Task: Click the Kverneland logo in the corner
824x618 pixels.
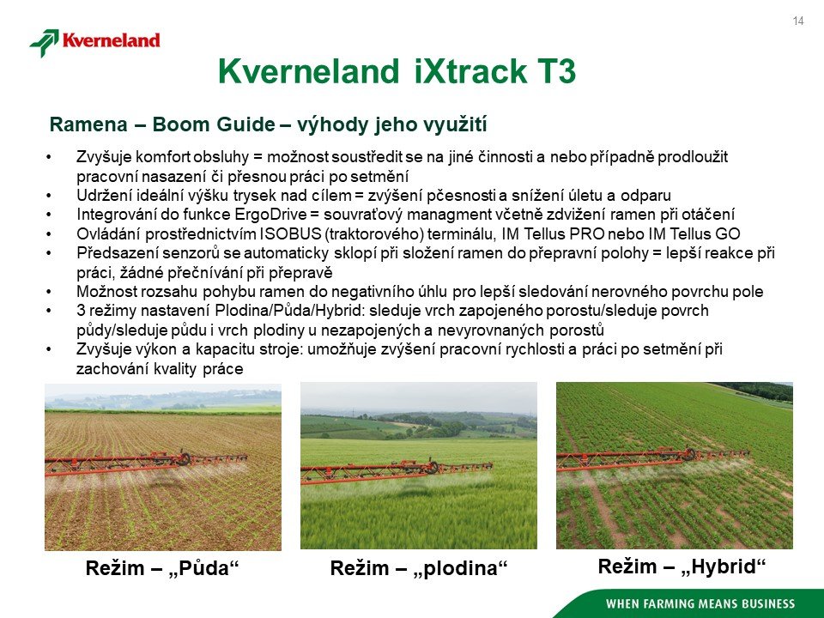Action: click(94, 42)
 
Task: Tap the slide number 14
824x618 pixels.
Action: click(797, 21)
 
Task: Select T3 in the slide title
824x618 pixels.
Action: click(556, 71)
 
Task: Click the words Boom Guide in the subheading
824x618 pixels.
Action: click(214, 124)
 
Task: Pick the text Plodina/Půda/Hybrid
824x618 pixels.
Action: click(289, 311)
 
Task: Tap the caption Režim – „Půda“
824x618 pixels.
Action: click(162, 568)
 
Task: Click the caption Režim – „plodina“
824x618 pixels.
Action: click(419, 568)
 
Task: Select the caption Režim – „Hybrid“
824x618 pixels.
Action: click(682, 566)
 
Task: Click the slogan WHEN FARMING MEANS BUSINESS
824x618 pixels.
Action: click(700, 603)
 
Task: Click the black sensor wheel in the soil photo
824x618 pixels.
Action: click(184, 458)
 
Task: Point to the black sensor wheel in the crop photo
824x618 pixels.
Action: click(432, 467)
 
